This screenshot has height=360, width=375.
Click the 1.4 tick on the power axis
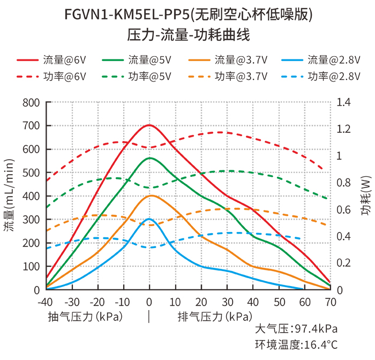344,102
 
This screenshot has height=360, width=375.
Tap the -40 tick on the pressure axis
46,302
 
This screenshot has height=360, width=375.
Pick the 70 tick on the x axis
331,302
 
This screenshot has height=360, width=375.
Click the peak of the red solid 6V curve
149,125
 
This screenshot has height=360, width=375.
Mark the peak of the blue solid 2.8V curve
149,219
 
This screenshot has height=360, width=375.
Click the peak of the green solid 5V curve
149,158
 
